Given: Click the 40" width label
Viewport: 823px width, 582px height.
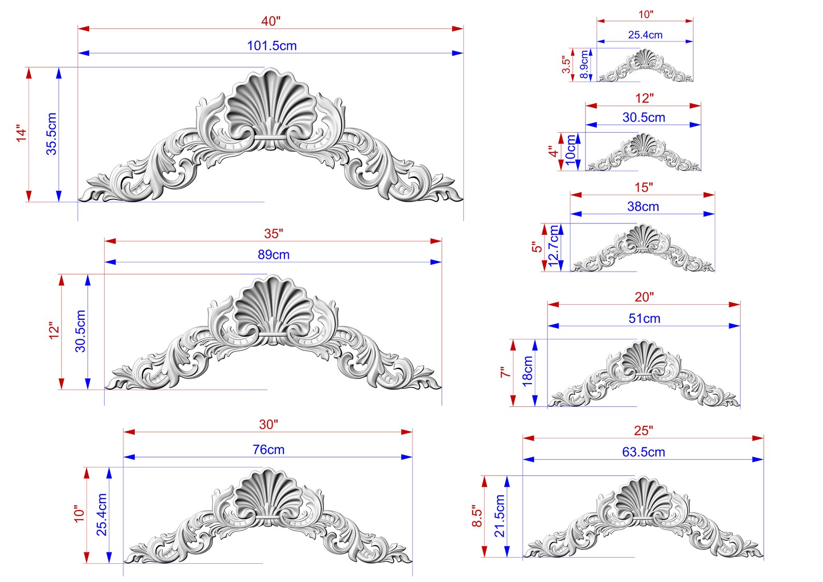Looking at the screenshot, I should [x=271, y=21].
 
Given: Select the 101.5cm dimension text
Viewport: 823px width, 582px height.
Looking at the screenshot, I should [x=272, y=46].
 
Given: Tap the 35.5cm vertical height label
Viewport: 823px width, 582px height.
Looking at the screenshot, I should [x=51, y=134].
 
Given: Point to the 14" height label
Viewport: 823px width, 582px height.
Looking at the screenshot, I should [x=21, y=133].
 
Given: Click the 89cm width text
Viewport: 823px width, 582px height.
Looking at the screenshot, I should [x=273, y=254].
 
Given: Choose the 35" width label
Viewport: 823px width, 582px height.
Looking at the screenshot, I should [x=273, y=234].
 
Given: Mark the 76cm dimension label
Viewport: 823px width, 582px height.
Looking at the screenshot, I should [x=268, y=449].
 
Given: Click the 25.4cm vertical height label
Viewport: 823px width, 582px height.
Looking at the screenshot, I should [x=102, y=515].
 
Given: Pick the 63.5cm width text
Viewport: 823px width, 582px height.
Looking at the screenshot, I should [x=643, y=452].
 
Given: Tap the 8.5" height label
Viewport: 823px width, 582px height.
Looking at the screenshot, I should [x=477, y=517].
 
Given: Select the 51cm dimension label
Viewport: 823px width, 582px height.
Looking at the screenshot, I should [x=644, y=318].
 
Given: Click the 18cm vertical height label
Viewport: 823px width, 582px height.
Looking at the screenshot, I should [x=527, y=371].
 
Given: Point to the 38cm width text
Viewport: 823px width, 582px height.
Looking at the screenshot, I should [x=643, y=206].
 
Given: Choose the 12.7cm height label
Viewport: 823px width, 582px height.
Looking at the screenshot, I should [x=554, y=246].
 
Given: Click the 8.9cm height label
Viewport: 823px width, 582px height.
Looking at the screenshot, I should [x=584, y=64].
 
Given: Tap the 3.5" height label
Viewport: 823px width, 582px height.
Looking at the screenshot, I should [x=566, y=64].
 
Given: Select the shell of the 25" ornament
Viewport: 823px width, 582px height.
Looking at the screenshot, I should [x=643, y=499].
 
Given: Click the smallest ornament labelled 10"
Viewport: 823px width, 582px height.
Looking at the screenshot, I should [x=645, y=67].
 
